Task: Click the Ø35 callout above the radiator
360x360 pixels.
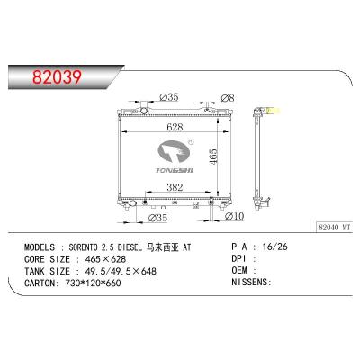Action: [x=169, y=96]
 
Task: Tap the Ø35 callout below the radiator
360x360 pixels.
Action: [x=157, y=216]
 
